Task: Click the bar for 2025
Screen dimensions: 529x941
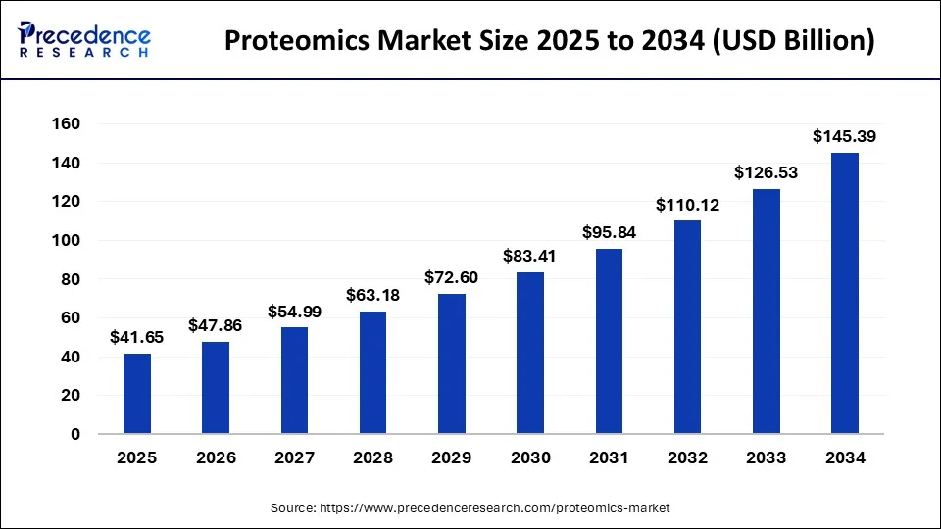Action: (137, 393)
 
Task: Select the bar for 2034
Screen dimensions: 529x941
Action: (844, 293)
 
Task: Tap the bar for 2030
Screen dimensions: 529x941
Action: (530, 353)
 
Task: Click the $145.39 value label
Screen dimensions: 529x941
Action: (844, 137)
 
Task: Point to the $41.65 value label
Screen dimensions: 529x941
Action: (137, 338)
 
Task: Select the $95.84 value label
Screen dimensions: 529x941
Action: (609, 233)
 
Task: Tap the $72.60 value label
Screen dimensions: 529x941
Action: (451, 278)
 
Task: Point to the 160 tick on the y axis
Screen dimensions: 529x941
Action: (67, 124)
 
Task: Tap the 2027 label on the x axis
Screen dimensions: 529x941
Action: (294, 457)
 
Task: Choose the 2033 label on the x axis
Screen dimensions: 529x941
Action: (766, 457)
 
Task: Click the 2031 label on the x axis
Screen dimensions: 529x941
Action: (609, 457)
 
